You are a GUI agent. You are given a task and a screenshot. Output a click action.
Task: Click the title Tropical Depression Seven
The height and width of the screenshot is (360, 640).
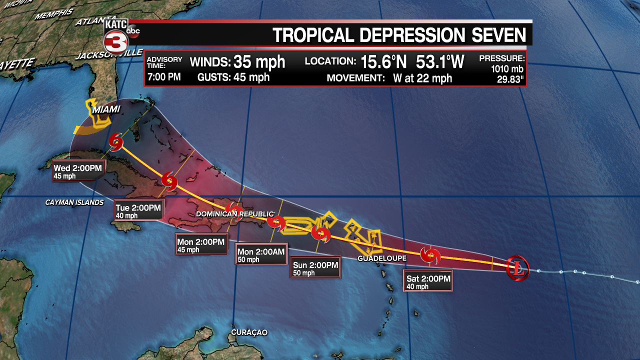tap(399, 35)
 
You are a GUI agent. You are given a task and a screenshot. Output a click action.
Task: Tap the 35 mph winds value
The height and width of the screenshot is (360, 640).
tap(258, 62)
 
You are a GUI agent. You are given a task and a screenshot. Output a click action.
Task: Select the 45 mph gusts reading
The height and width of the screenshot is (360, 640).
tap(251, 77)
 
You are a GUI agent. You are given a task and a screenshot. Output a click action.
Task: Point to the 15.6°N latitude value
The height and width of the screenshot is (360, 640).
tap(384, 62)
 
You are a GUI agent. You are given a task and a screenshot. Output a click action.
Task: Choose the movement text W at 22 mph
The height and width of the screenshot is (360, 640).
tap(415, 78)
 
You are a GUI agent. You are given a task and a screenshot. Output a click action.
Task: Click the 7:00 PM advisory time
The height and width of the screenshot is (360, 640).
tap(163, 77)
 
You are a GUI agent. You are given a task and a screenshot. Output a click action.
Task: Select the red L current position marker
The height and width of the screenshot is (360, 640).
tap(517, 268)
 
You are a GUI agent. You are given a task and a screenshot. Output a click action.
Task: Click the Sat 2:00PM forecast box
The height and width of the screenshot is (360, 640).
tap(427, 282)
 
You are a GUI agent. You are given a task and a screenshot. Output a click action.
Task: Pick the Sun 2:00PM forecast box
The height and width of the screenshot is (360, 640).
tap(315, 268)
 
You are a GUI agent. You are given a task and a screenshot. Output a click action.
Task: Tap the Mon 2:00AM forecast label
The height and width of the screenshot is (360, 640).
tap(261, 255)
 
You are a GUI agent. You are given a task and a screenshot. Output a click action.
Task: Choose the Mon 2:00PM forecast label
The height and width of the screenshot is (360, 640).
tap(201, 245)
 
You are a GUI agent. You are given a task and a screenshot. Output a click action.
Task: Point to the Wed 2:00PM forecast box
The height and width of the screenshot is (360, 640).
tap(79, 171)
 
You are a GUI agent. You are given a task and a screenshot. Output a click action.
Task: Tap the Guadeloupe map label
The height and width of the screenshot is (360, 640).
tap(382, 258)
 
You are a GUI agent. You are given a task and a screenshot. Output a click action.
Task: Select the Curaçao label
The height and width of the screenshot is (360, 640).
tap(249, 332)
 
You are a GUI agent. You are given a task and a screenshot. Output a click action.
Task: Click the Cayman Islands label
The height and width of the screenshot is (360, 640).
tap(74, 202)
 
